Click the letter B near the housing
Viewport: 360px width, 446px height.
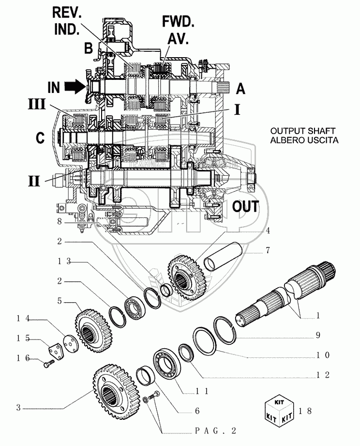tap(89, 48)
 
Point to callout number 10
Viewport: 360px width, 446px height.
tap(324, 355)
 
